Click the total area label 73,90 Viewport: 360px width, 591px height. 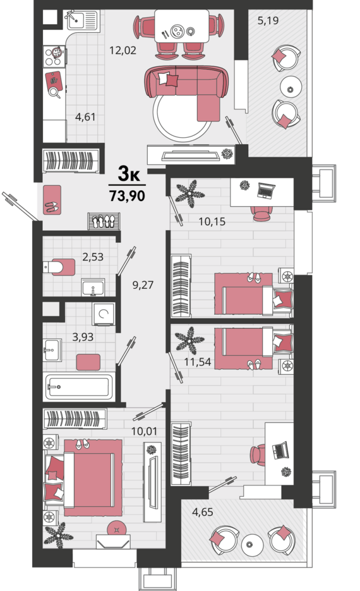128,196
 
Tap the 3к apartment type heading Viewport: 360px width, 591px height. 129,174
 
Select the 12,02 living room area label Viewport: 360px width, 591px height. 123,50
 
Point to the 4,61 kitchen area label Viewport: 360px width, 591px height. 85,117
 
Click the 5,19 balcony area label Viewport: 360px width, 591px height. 268,20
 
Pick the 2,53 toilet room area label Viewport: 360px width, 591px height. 93,257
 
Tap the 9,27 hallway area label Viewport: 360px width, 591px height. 143,285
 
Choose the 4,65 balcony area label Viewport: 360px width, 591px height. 203,512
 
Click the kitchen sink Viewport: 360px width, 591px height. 83,20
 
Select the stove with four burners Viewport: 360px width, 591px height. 54,56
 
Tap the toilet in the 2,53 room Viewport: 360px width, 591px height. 59,267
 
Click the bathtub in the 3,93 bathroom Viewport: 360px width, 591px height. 80,386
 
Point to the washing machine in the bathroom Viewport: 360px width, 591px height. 103,314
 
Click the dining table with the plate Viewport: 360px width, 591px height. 182,26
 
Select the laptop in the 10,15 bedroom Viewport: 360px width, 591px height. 267,190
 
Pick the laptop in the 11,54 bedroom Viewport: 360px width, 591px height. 280,449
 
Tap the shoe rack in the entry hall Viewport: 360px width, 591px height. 104,221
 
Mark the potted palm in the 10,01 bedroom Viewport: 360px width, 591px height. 58,535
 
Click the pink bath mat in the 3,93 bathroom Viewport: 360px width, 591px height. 88,362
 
